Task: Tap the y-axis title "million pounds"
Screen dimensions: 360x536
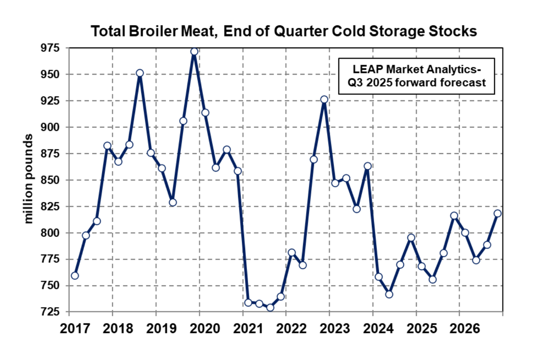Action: tap(29, 179)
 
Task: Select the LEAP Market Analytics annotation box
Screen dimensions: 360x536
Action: tap(416, 76)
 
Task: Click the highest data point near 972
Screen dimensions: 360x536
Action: tap(194, 51)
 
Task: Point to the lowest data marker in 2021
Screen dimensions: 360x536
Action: tap(270, 307)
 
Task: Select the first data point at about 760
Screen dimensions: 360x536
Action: tap(75, 275)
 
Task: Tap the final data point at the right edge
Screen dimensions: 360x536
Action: tap(498, 213)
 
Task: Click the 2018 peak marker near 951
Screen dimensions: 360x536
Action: tap(140, 73)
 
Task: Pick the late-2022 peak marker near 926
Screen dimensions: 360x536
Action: tap(324, 100)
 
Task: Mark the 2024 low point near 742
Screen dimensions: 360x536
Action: tap(389, 294)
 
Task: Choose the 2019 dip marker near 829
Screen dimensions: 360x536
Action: tap(172, 202)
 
